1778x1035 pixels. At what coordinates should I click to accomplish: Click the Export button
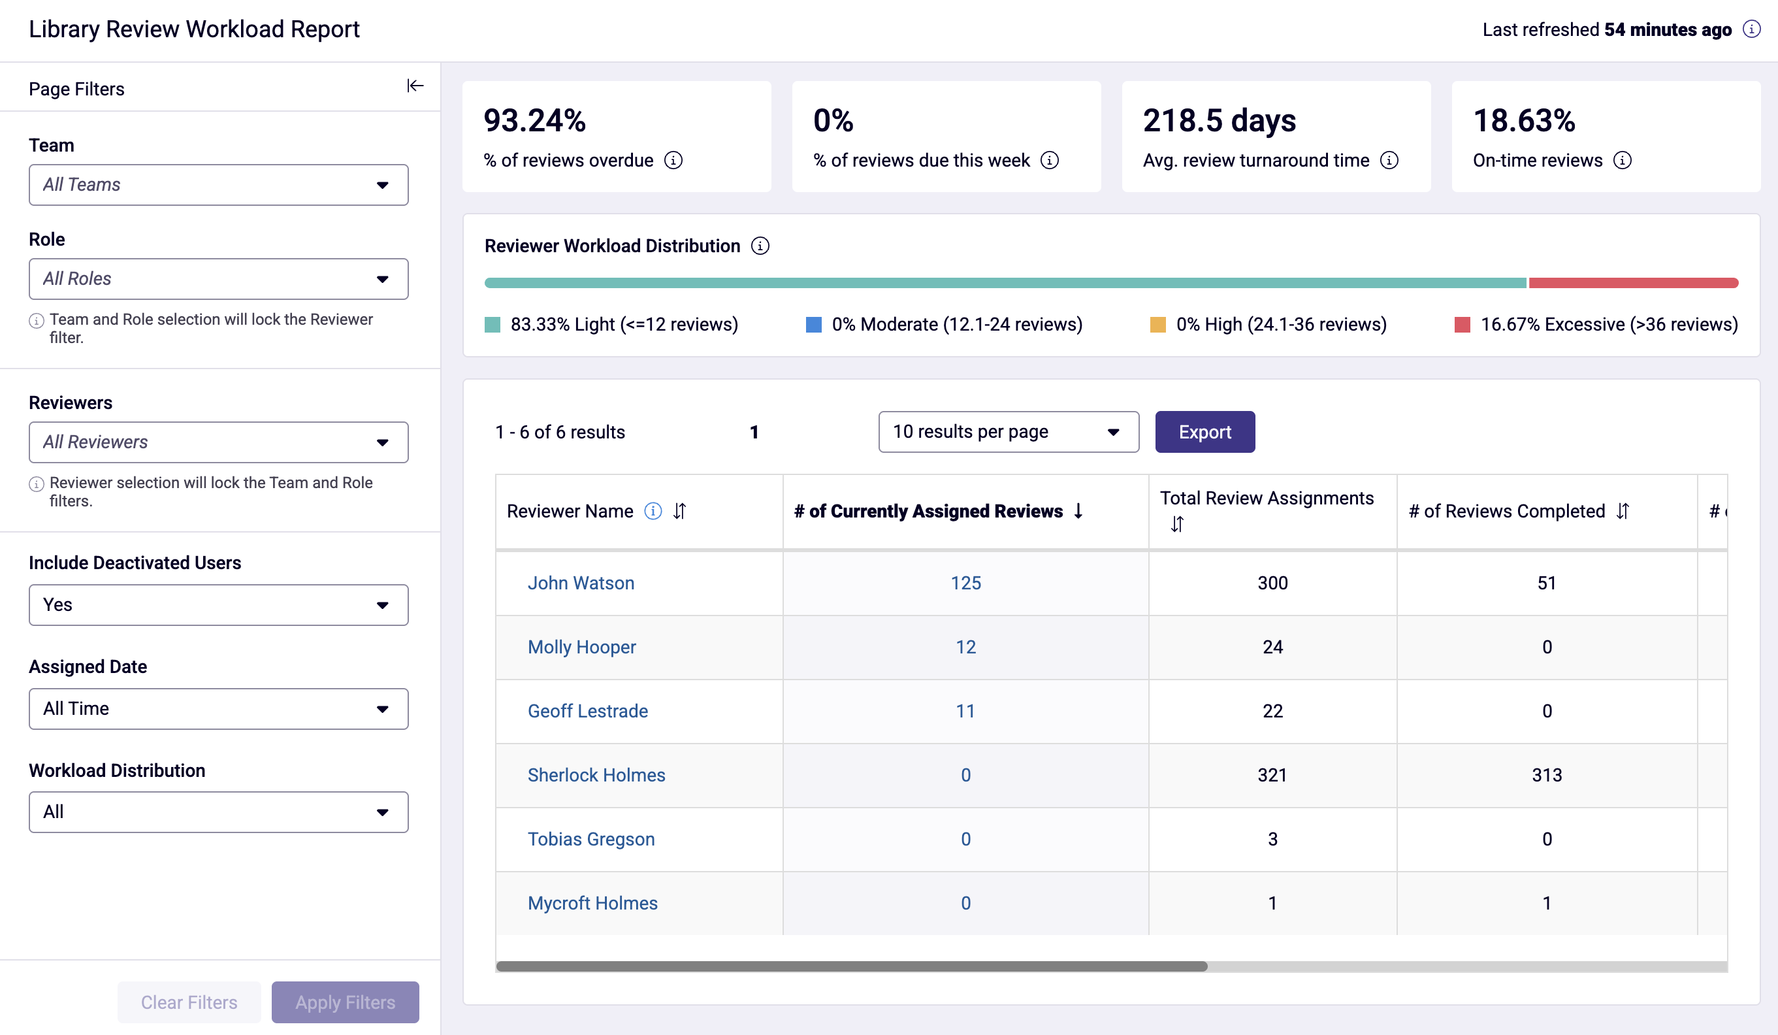click(x=1204, y=431)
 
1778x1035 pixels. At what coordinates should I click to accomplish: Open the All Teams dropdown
click(x=219, y=185)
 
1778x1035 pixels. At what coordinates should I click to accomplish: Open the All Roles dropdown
click(x=219, y=279)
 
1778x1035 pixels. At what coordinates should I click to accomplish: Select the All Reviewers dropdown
click(x=219, y=442)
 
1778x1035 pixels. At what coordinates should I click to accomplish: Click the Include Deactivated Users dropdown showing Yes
click(x=219, y=605)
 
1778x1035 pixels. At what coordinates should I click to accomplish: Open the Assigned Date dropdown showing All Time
click(x=219, y=709)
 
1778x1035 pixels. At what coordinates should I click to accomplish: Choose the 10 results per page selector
click(x=1009, y=431)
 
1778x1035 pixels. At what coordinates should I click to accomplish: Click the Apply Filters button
click(x=345, y=1002)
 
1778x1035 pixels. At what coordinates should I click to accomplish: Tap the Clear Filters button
click(x=189, y=1002)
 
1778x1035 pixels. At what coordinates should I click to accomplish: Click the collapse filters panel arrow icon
click(x=415, y=86)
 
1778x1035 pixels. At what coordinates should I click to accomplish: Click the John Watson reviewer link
click(x=581, y=583)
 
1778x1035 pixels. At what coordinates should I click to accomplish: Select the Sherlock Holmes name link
click(x=596, y=775)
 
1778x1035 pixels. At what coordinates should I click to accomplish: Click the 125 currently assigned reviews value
click(x=965, y=583)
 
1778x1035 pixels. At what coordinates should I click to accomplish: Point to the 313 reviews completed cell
click(x=1547, y=775)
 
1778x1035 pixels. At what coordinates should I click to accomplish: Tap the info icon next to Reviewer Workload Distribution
click(x=760, y=246)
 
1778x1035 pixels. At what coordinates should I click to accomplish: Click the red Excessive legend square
click(x=1462, y=325)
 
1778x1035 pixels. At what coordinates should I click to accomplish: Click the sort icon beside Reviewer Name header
click(x=679, y=511)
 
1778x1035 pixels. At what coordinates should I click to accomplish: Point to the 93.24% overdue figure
click(x=534, y=121)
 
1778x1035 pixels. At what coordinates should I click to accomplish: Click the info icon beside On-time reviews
click(x=1622, y=160)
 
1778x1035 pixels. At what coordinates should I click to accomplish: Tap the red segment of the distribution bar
click(x=1634, y=283)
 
